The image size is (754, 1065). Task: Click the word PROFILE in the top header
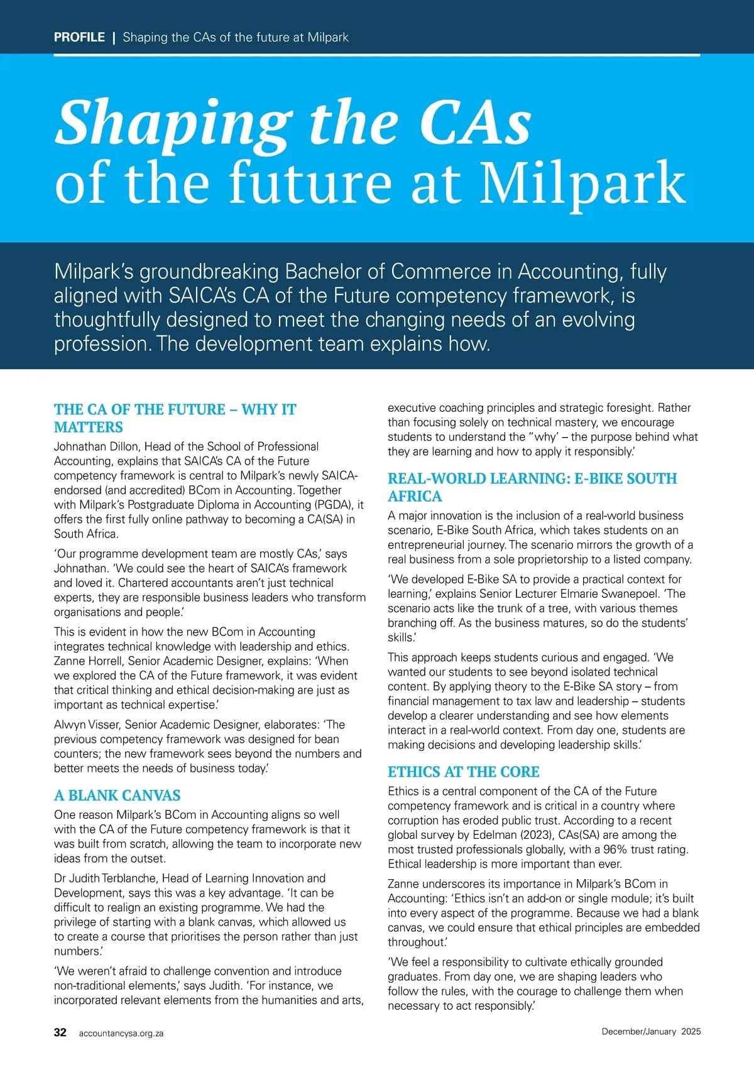point(79,37)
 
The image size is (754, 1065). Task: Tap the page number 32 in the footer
point(60,1032)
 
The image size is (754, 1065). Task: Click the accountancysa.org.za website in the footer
point(121,1033)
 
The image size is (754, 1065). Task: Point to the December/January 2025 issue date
point(651,1032)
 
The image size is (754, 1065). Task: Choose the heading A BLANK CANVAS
point(117,796)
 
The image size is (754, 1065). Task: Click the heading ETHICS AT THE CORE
point(464,772)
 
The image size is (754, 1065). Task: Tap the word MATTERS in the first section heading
point(89,428)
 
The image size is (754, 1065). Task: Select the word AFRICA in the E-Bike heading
point(415,497)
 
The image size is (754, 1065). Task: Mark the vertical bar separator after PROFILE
point(114,37)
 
